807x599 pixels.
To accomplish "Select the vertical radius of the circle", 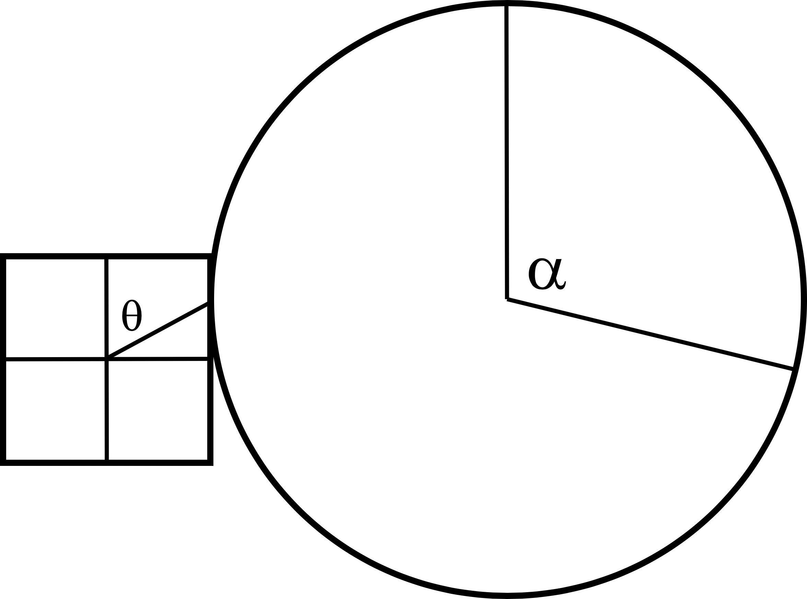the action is pos(507,152).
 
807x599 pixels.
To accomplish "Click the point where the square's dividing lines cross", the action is pos(107,359).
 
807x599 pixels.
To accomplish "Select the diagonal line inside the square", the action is pos(158,331).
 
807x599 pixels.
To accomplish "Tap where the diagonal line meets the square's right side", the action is pos(210,304).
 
